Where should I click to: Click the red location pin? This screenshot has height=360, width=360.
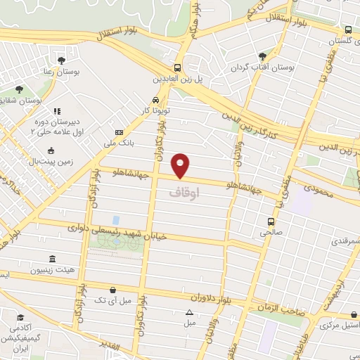pyautogui.click(x=181, y=165)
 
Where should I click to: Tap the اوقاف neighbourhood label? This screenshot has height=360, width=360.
pyautogui.click(x=185, y=191)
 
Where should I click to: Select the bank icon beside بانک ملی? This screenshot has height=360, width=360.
pyautogui.click(x=119, y=132)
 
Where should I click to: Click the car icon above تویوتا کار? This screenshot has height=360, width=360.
pyautogui.click(x=155, y=100)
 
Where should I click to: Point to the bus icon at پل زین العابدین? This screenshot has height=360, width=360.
pyautogui.click(x=178, y=68)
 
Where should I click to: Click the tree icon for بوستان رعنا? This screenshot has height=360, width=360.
pyautogui.click(x=62, y=60)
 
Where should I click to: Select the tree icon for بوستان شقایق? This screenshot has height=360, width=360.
pyautogui.click(x=18, y=89)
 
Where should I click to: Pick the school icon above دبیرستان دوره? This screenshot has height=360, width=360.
pyautogui.click(x=57, y=110)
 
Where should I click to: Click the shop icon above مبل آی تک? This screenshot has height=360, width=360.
pyautogui.click(x=112, y=289)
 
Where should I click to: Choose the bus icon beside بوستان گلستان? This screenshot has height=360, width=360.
pyautogui.click(x=348, y=30)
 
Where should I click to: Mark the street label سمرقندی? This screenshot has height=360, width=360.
pyautogui.click(x=342, y=241)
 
